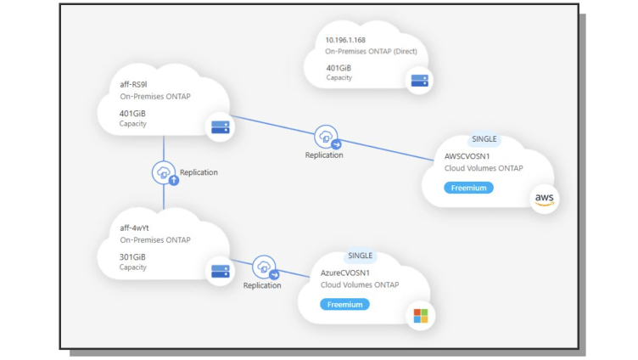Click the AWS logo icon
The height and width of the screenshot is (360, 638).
tap(544, 199)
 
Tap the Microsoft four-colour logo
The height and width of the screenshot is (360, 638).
tap(420, 316)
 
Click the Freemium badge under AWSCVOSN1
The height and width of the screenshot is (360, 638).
tap(468, 188)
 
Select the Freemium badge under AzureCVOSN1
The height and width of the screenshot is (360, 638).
tap(345, 304)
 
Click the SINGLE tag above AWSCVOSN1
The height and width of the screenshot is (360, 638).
tap(484, 139)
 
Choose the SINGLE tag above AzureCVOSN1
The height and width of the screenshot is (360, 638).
tap(361, 256)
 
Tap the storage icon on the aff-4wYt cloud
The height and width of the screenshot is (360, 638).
tap(221, 271)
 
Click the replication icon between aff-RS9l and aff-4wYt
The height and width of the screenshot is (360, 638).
tap(163, 172)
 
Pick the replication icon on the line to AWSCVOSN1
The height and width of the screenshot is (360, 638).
tap(325, 136)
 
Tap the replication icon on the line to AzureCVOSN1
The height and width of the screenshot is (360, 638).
tap(264, 267)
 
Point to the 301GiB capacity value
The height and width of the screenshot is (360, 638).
tap(132, 256)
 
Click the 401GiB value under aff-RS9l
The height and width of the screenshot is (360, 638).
tap(133, 112)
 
